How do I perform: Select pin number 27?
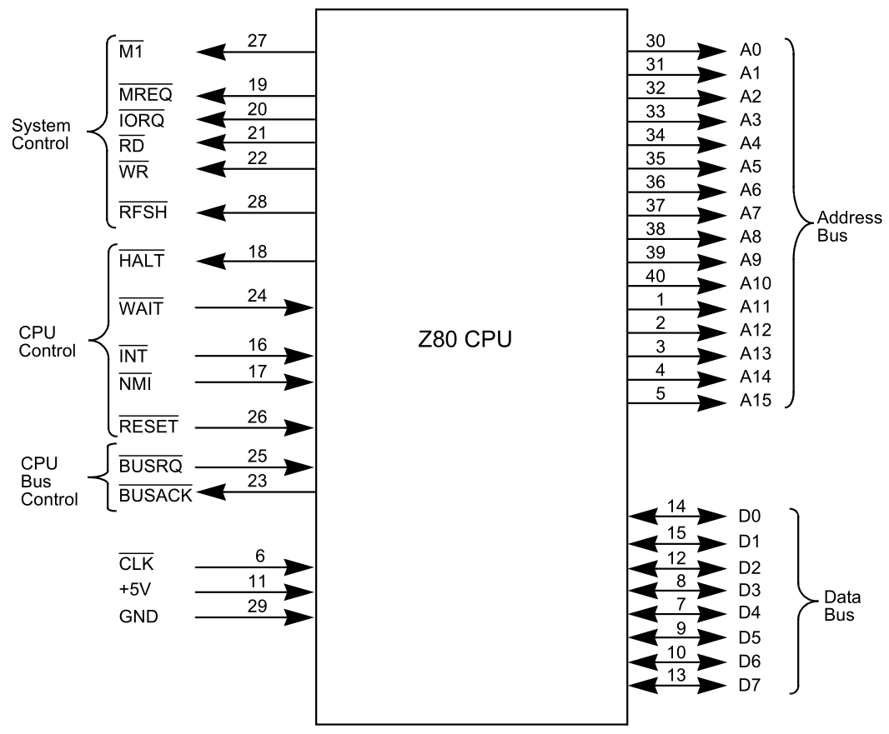point(257,41)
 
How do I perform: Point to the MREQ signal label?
point(145,96)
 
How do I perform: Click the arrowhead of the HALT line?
point(212,261)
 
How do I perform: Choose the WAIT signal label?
point(140,308)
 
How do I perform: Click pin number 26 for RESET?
point(257,415)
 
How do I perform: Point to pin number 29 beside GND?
point(257,606)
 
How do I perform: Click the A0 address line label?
point(749,50)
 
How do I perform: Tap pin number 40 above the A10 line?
point(660,272)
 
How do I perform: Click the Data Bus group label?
point(841,607)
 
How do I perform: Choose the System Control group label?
point(40,133)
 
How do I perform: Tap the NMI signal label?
point(134,384)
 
